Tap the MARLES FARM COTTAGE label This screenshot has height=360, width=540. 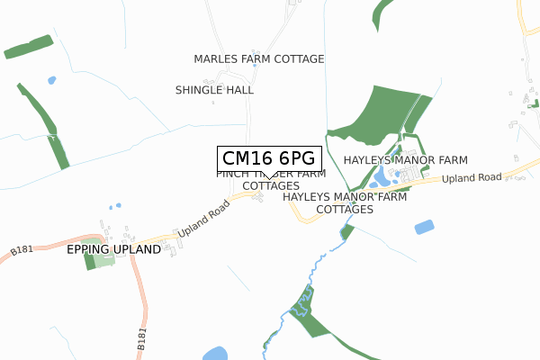[x=259, y=59]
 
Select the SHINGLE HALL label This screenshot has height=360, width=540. [x=214, y=90]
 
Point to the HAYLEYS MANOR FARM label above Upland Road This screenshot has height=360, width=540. [x=405, y=159]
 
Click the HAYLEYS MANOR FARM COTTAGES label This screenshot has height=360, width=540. [x=345, y=202]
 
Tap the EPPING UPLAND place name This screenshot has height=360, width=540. [x=113, y=249]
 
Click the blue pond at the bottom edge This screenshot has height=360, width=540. [x=215, y=354]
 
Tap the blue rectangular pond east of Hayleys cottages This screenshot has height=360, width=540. [x=424, y=227]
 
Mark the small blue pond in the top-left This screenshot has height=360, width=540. [x=51, y=80]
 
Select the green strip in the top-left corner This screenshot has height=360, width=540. [x=28, y=48]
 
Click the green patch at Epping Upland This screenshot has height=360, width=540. [x=89, y=261]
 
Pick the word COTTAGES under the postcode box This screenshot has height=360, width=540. [x=271, y=185]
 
